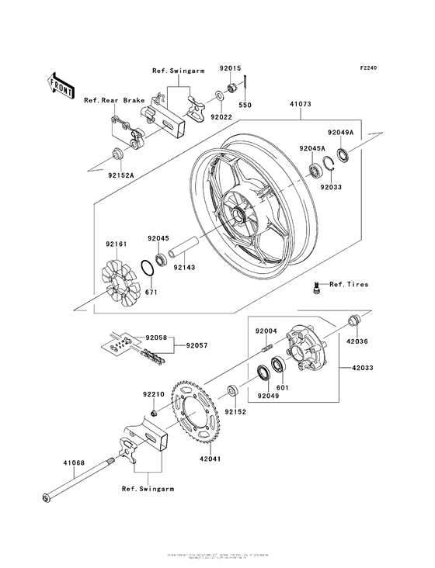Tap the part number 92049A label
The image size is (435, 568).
tap(340, 133)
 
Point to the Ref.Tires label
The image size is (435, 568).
tap(349, 284)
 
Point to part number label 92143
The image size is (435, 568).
tap(184, 268)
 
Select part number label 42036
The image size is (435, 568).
tap(357, 338)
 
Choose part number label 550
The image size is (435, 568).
tap(245, 105)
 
